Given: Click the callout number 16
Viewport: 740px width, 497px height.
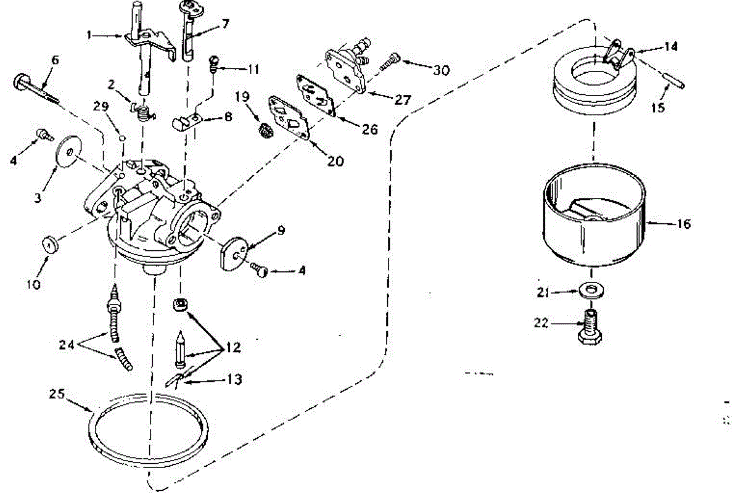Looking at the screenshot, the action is coord(683,224).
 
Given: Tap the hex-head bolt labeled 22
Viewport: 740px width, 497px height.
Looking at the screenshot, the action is coord(590,327).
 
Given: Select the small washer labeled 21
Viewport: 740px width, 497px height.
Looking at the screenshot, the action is coord(591,290).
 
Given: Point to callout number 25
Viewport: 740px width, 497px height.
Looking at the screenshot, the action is coord(57,393).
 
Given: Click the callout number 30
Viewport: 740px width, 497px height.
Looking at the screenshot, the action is coord(441,70).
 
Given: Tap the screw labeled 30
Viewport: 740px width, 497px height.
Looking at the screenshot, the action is coord(390,62).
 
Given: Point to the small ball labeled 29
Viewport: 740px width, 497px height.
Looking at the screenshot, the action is coord(122,138).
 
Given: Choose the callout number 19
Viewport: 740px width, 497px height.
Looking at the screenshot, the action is coord(242,97).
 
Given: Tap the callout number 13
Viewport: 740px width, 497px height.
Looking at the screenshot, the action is coord(234,379).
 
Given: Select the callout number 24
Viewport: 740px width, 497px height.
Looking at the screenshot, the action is coord(67,345).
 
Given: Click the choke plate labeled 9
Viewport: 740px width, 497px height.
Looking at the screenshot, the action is coord(234,254).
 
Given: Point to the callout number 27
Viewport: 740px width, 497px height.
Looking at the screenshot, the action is coord(403,99).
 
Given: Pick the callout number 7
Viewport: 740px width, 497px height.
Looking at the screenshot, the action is coord(225,24).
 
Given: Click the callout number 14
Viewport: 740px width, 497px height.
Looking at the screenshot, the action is coord(671,46).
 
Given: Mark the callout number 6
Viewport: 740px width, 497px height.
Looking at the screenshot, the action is coord(55,60).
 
